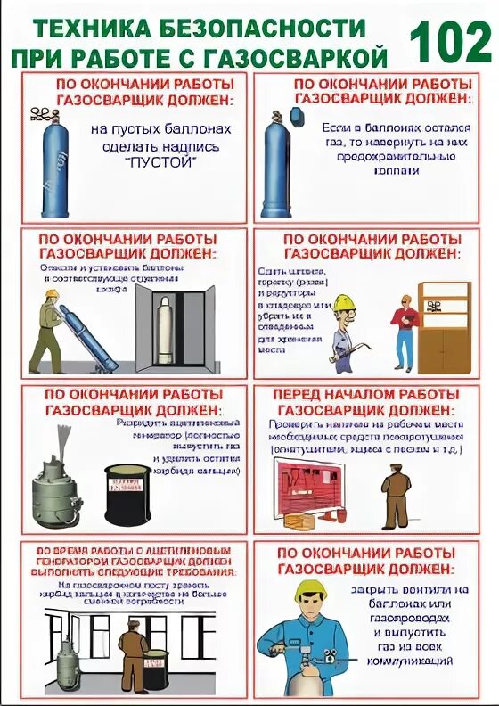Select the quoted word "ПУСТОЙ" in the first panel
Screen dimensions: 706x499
point(161,163)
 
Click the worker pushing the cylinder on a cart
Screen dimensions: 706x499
point(54,325)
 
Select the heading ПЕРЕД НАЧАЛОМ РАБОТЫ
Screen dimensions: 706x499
point(366,394)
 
